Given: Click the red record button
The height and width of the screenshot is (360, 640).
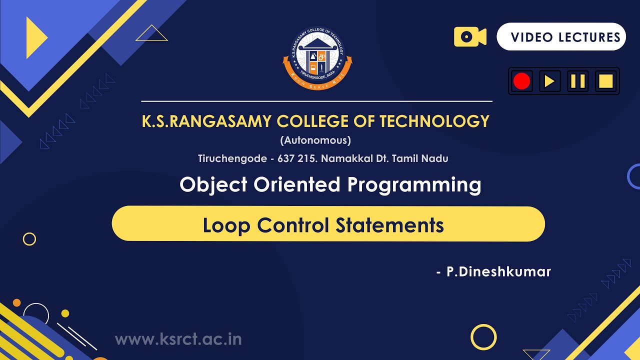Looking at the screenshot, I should tap(521, 81).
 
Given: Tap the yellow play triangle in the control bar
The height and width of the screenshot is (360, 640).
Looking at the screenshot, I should tap(549, 81).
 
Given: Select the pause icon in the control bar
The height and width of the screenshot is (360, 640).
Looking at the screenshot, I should tap(577, 81).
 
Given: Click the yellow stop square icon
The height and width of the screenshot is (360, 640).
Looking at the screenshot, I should tap(605, 81).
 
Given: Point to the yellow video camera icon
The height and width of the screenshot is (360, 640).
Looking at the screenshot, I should tap(469, 37).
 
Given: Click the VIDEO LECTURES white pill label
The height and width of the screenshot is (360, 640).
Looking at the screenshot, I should tap(561, 37).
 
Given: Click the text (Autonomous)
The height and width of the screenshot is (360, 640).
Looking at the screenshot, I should tap(315, 140).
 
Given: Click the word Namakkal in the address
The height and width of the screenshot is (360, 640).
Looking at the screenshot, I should tap(344, 159).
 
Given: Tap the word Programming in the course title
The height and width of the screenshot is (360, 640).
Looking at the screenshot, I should tap(414, 184).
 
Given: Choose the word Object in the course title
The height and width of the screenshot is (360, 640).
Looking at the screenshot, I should tap(213, 184).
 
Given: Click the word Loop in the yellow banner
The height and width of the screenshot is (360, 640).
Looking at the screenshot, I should tap(226, 225).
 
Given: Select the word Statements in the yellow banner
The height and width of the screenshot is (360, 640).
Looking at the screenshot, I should tap(389, 225).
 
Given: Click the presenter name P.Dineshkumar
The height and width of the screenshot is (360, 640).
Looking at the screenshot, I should tap(498, 272).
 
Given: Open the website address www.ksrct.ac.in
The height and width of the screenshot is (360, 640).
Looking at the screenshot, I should tap(178, 339).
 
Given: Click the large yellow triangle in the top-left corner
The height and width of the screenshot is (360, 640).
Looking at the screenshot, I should tap(35, 37).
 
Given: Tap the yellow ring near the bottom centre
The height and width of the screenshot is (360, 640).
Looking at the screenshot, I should tap(483, 337).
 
